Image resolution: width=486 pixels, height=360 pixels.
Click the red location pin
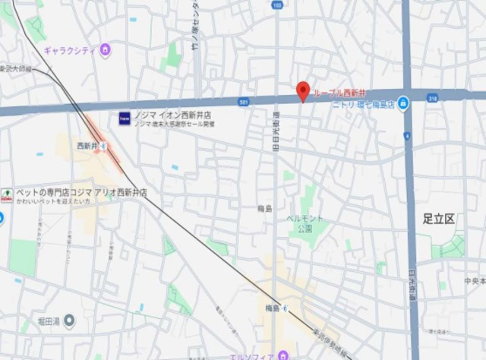(302, 90)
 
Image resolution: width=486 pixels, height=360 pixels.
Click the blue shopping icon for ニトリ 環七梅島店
(403, 104)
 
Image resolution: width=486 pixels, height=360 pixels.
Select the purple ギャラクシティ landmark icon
(105, 51)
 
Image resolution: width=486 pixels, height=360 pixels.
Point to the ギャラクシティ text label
(70, 51)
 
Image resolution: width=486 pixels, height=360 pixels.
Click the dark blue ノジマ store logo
(125, 118)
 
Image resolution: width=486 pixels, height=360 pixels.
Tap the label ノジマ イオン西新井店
(172, 115)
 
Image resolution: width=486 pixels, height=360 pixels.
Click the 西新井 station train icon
(102, 145)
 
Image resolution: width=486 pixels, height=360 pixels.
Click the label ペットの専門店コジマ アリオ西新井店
(80, 193)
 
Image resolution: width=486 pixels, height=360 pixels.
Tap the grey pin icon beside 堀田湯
(69, 321)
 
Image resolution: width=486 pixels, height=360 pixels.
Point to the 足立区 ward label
(439, 219)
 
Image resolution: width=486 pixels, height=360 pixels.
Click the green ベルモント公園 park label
(305, 223)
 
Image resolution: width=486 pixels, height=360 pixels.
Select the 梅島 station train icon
(286, 308)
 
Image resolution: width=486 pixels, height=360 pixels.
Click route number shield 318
(432, 97)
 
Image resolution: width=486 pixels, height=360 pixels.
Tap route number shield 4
(408, 136)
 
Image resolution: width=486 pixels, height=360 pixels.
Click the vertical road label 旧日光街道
(276, 132)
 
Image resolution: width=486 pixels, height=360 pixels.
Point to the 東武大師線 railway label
(16, 68)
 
